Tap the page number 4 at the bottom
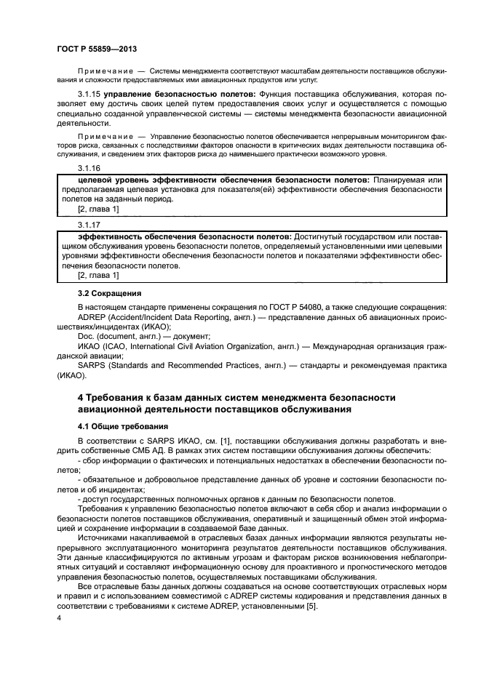pyautogui.click(x=59, y=618)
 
